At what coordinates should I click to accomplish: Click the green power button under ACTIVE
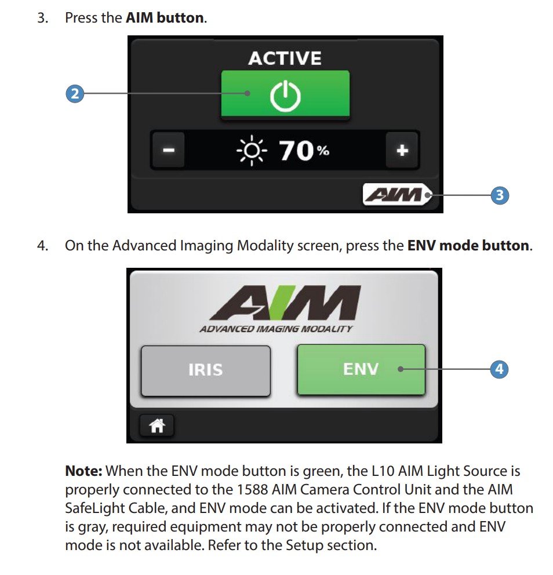(x=285, y=94)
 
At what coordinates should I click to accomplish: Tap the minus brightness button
(x=168, y=150)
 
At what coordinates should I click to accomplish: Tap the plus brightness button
(x=402, y=150)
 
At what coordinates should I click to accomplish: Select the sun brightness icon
(x=252, y=151)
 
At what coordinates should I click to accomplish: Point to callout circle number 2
(x=74, y=93)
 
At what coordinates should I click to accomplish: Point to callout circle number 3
(x=499, y=195)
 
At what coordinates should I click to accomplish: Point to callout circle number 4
(x=499, y=369)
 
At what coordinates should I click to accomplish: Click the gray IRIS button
(x=206, y=370)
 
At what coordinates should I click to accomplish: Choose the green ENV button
(x=361, y=369)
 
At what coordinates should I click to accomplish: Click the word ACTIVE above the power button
(x=285, y=58)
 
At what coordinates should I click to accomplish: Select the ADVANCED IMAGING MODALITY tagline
(x=276, y=329)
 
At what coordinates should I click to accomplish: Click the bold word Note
(x=83, y=471)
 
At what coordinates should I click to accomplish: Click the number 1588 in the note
(x=252, y=490)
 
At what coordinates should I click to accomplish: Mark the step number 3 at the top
(x=42, y=17)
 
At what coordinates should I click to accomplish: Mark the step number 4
(x=42, y=245)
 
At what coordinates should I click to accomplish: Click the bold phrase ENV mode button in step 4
(x=468, y=245)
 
